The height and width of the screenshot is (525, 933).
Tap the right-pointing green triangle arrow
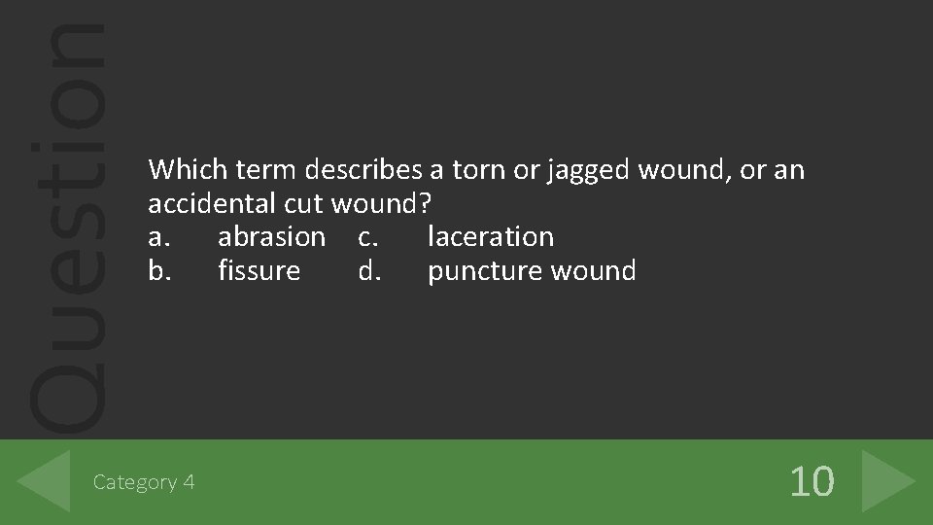tap(886, 481)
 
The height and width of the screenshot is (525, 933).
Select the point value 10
tap(811, 481)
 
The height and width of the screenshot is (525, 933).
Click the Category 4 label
tap(144, 482)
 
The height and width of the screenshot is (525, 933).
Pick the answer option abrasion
tap(271, 236)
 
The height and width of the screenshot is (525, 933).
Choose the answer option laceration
tap(491, 236)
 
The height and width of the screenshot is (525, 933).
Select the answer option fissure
tap(259, 270)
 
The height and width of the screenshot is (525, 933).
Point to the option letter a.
tap(155, 237)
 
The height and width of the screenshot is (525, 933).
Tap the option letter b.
tap(156, 270)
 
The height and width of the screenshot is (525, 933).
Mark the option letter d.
tap(368, 270)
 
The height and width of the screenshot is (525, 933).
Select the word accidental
tap(212, 204)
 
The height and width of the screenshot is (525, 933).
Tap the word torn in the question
tap(480, 170)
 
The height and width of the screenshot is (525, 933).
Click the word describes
tap(363, 170)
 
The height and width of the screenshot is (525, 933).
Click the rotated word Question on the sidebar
tap(66, 224)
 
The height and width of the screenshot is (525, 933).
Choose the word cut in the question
tap(304, 204)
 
